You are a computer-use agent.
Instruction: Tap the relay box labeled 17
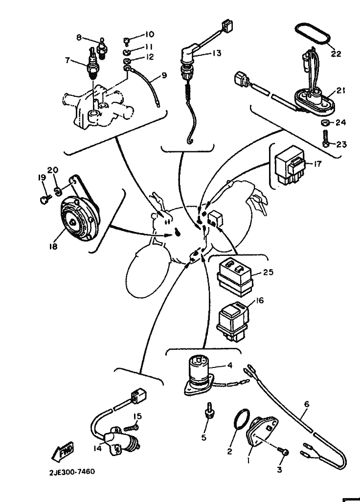click(290, 166)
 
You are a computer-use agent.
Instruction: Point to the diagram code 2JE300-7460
click(72, 472)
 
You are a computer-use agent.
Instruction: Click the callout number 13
click(217, 53)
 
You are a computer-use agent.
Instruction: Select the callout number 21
click(341, 91)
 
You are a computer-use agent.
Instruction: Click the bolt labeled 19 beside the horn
click(44, 200)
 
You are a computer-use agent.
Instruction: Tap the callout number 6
click(307, 404)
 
